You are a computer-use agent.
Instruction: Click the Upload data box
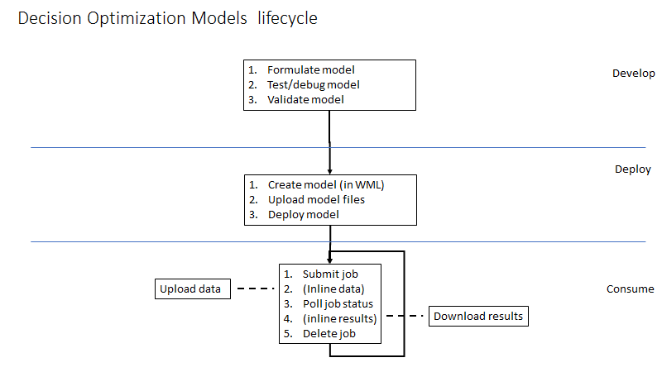[192, 289]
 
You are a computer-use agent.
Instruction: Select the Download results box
[478, 316]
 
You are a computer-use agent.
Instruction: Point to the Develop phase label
[633, 73]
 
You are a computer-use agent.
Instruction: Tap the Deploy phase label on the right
[632, 169]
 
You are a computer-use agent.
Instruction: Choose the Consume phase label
[630, 289]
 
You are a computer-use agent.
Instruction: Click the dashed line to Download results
[405, 316]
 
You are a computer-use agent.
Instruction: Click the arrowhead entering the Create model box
[330, 171]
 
